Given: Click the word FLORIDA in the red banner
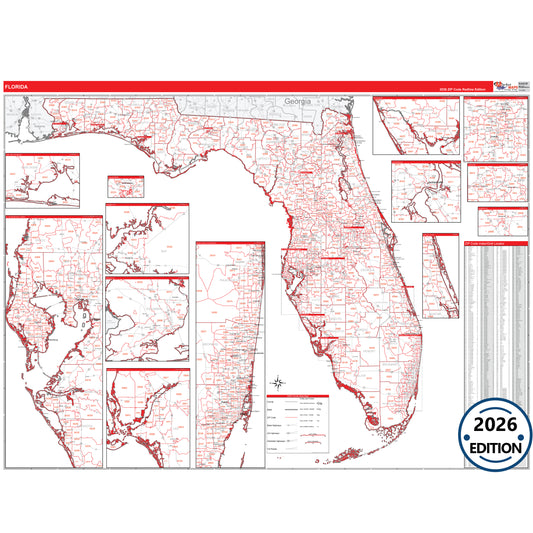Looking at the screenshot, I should [x=18, y=87].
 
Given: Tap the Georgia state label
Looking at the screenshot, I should [x=298, y=102].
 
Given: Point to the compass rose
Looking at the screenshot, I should [x=277, y=381].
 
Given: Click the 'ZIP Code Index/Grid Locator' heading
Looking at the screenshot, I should [x=492, y=242].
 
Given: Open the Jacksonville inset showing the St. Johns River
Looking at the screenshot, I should [x=425, y=192].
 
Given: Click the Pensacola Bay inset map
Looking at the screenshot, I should [x=42, y=180].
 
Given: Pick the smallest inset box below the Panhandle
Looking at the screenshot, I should [x=126, y=187].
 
